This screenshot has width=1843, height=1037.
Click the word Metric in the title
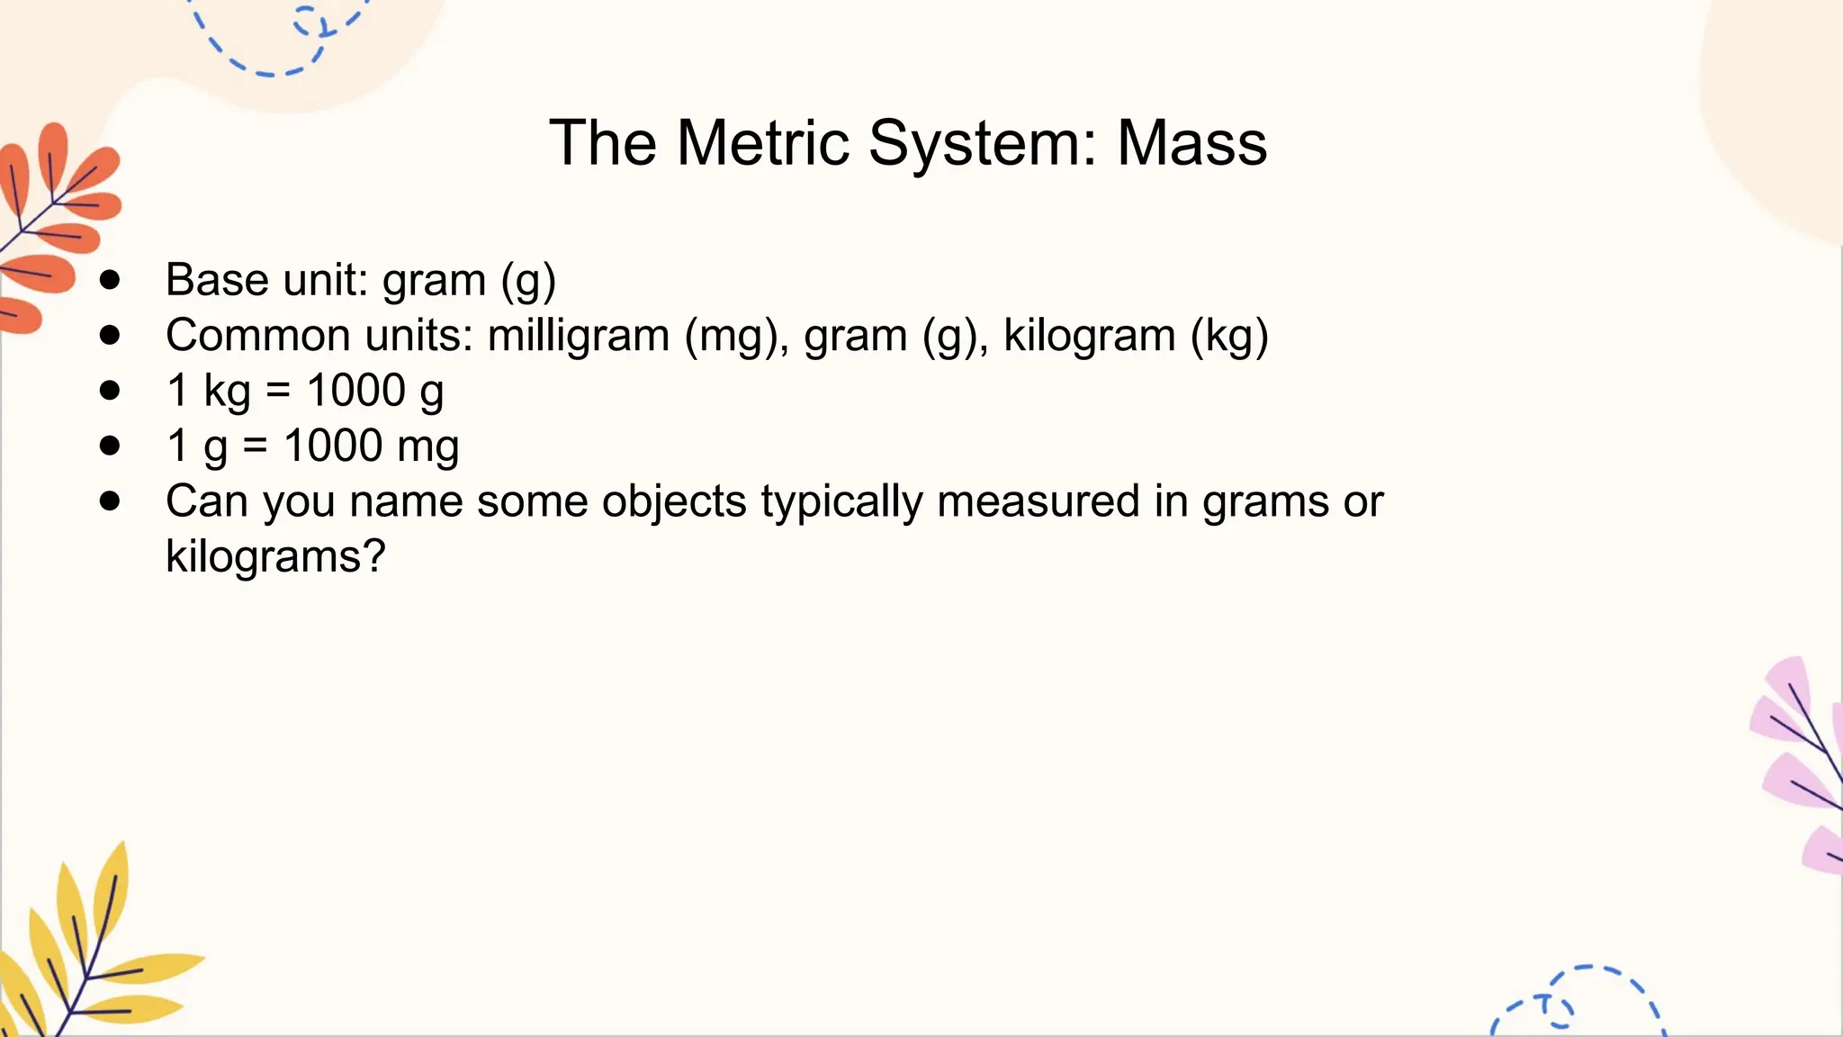coord(762,143)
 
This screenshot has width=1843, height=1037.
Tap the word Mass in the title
coord(1191,143)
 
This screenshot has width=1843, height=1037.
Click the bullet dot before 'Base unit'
coord(111,280)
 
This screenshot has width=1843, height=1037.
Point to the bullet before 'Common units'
coord(111,336)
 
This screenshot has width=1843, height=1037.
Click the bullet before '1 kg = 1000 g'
coord(111,391)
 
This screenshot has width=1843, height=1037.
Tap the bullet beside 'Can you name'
coord(111,501)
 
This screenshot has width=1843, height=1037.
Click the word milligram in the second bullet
coord(579,336)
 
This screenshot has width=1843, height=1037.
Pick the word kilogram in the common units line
coord(1089,336)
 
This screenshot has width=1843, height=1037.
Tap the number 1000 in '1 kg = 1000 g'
coord(356,391)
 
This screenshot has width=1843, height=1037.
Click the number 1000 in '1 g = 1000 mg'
coord(333,446)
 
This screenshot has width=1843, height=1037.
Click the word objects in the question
coord(674,501)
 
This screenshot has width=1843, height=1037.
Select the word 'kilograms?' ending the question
coord(275,556)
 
